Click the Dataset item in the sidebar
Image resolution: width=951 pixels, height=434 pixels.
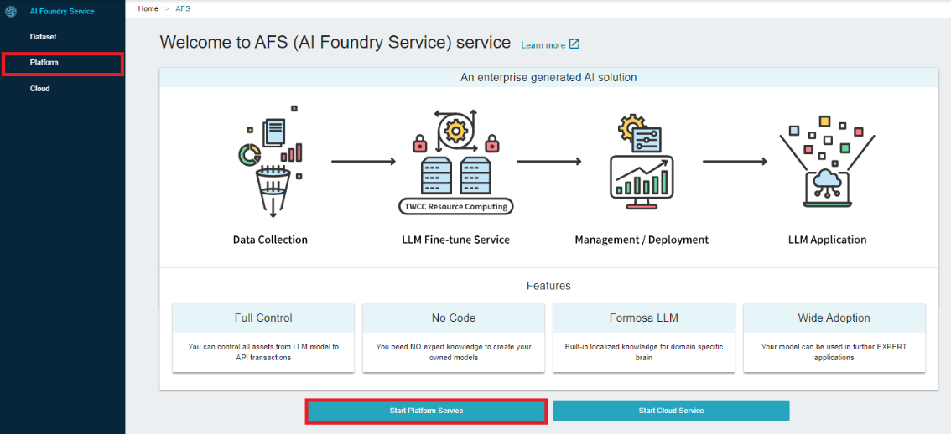pyautogui.click(x=43, y=37)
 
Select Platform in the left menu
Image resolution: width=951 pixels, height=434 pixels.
pyautogui.click(x=44, y=63)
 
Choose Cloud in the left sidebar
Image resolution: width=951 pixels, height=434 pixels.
pyautogui.click(x=40, y=89)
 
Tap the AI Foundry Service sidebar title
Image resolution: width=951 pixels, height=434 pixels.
pyautogui.click(x=62, y=11)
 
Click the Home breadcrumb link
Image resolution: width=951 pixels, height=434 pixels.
pyautogui.click(x=148, y=8)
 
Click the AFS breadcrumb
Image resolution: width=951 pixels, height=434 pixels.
pyautogui.click(x=183, y=8)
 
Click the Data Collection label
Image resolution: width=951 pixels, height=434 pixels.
pyautogui.click(x=270, y=240)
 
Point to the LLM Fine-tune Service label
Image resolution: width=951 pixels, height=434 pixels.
pyautogui.click(x=455, y=240)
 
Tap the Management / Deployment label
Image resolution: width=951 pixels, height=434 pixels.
pyautogui.click(x=642, y=240)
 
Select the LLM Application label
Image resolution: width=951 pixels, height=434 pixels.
pyautogui.click(x=827, y=240)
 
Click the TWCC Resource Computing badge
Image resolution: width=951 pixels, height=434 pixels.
pyautogui.click(x=456, y=207)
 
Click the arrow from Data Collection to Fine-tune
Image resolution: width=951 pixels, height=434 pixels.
pyautogui.click(x=363, y=161)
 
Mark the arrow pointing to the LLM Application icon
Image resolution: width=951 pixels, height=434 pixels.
pyautogui.click(x=735, y=161)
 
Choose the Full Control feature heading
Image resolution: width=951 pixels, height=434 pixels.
pyautogui.click(x=263, y=318)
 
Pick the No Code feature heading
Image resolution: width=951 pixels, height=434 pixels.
pyautogui.click(x=454, y=318)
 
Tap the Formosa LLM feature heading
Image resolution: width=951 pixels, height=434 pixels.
pyautogui.click(x=644, y=318)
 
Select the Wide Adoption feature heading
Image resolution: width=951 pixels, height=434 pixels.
pyautogui.click(x=834, y=318)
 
